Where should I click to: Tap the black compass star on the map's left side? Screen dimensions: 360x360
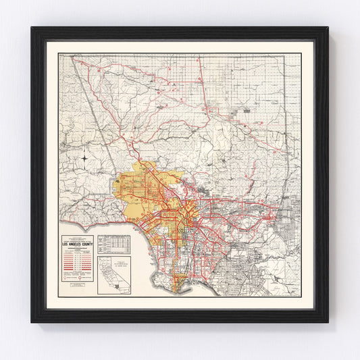[x=84, y=159]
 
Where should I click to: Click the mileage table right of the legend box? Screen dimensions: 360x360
[x=113, y=244]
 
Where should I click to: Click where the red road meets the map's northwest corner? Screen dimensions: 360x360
[x=74, y=59]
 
